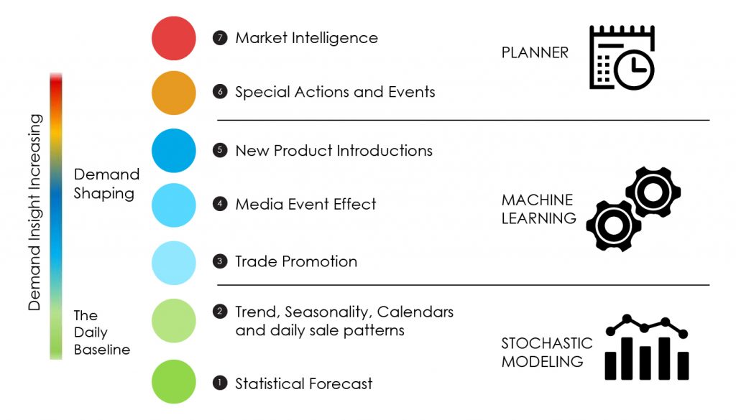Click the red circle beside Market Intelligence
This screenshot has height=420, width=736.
174,38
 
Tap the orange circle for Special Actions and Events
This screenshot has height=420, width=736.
174,93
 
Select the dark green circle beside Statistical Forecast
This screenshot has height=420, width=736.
174,381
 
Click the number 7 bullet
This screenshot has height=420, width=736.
220,38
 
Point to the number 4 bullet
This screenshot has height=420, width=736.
220,204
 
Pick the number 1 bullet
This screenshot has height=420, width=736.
220,383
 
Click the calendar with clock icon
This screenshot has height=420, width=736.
621,57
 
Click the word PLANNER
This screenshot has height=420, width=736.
535,52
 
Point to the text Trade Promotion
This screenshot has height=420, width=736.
296,261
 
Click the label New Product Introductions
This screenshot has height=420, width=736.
333,150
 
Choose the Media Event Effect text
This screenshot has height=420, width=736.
305,204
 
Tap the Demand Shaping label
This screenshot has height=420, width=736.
106,184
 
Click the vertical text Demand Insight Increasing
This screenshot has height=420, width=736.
34,212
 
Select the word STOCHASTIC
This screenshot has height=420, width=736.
547,343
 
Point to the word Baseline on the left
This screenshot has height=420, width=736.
102,350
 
